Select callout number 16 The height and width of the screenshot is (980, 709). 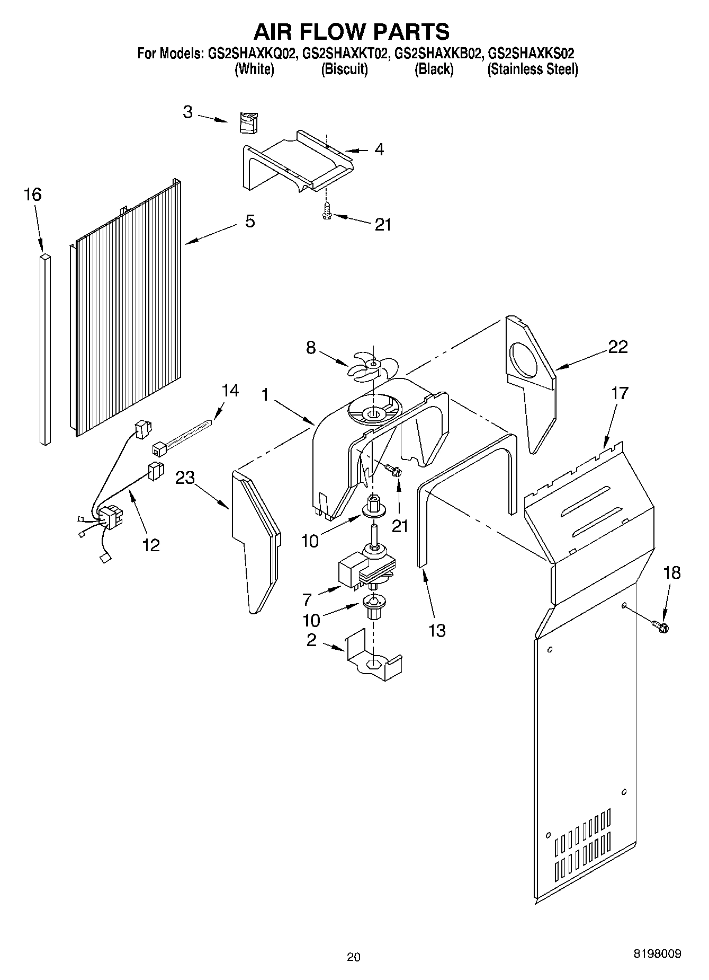(x=32, y=195)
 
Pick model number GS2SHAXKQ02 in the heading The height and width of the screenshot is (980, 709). (x=251, y=53)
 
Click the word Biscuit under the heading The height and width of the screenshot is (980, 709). (x=344, y=69)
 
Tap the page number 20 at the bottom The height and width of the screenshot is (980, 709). (x=354, y=957)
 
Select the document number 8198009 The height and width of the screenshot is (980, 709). (x=657, y=953)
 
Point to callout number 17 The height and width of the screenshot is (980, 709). (x=620, y=393)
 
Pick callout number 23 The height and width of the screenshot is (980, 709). (x=185, y=478)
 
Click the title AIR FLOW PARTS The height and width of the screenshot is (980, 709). (x=352, y=31)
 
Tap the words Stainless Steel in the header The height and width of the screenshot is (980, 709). (x=532, y=69)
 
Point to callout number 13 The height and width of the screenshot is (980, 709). (x=437, y=630)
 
